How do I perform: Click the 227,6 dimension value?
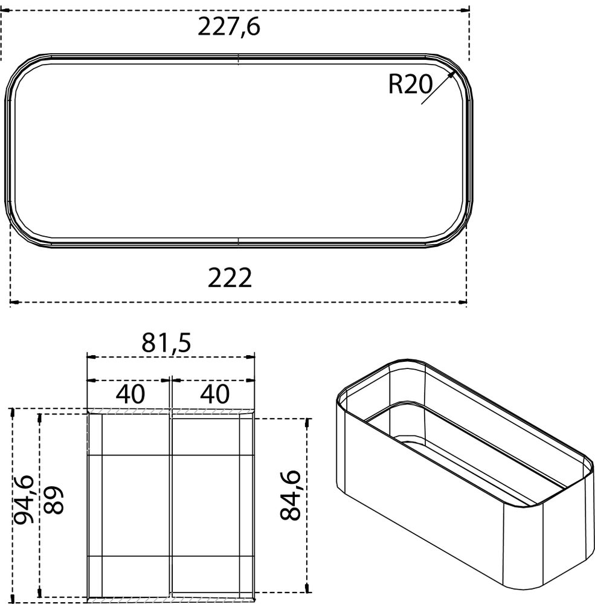tap(230, 27)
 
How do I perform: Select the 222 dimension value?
tap(230, 278)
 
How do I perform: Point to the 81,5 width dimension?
tap(166, 342)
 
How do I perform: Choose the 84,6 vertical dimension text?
tap(291, 496)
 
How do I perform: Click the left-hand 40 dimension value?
tap(130, 394)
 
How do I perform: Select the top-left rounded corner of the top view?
tap(24, 70)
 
